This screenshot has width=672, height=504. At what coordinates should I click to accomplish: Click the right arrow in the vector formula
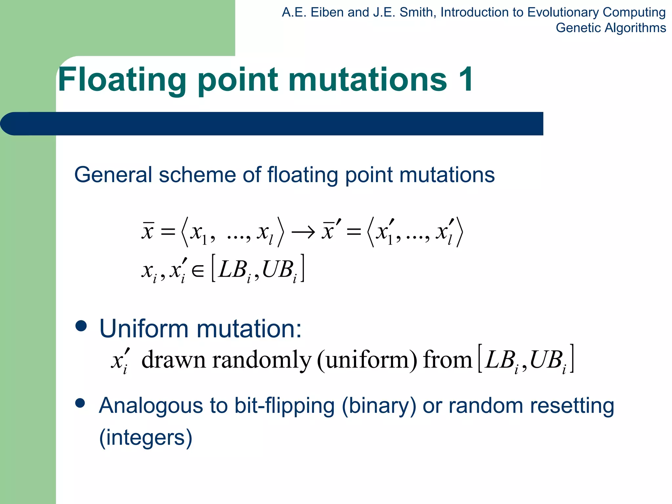(x=304, y=232)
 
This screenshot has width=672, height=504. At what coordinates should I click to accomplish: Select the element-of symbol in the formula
(x=198, y=271)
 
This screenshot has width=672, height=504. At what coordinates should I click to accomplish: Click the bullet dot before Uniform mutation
(x=81, y=326)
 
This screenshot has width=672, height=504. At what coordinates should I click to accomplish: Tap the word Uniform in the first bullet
(x=144, y=328)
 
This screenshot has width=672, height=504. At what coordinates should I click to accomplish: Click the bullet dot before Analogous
(x=80, y=403)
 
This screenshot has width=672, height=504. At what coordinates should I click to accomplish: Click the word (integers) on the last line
(x=146, y=437)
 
